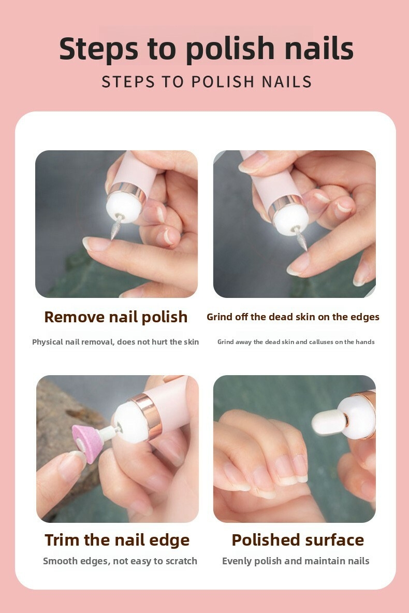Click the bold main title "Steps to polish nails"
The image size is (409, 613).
[x=206, y=49]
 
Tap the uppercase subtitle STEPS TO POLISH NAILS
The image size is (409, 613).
[x=207, y=82]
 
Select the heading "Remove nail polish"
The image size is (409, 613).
[x=115, y=317]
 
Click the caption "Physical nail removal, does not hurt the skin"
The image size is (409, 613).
[x=115, y=342]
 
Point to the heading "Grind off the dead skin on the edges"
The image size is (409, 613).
[x=293, y=317]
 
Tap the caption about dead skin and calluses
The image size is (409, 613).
[x=296, y=341]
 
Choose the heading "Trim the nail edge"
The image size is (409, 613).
[x=117, y=540]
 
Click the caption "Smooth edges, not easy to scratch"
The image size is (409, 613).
[x=120, y=561]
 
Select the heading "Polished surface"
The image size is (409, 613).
[x=298, y=540]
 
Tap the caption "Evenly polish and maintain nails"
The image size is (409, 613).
[x=295, y=561]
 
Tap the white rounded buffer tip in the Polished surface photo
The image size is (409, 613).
[x=329, y=422]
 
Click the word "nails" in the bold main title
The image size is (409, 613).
[x=319, y=49]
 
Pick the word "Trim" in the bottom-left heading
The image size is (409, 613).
[x=63, y=540]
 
